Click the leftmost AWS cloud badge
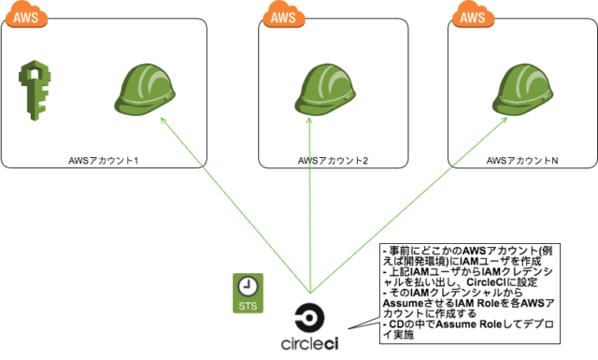30,17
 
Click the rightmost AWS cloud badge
473,16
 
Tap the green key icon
34,89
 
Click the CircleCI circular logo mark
309,316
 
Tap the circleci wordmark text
309,343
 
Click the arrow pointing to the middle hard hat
310,206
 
